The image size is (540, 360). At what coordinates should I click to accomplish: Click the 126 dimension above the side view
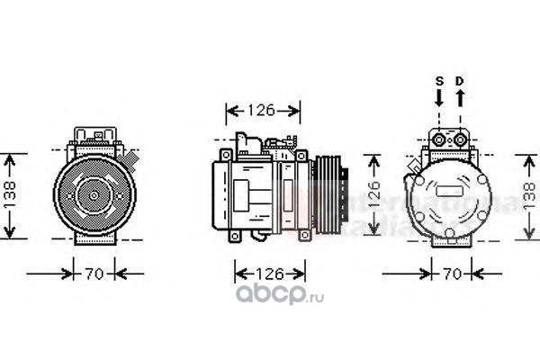[261, 112]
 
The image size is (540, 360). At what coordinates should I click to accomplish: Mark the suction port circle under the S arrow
[440, 139]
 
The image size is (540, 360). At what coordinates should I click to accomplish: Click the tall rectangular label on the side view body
[288, 193]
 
